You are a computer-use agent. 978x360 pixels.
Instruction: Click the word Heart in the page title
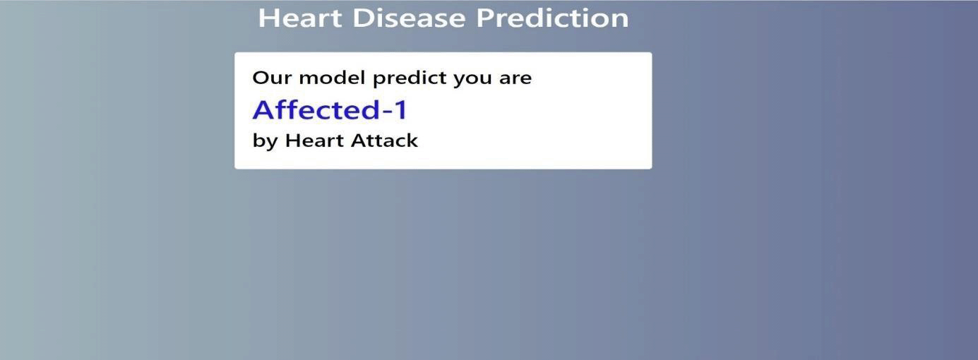(300, 18)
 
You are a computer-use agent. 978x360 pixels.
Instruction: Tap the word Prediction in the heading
(552, 18)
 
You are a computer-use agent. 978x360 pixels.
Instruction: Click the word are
(515, 78)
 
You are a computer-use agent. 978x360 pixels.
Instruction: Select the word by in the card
(265, 141)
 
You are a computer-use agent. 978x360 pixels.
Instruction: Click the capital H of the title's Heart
(267, 18)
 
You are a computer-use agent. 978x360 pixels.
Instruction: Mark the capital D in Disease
(362, 18)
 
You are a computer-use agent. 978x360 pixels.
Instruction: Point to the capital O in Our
(261, 78)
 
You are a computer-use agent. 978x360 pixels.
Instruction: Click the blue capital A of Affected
(263, 110)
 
